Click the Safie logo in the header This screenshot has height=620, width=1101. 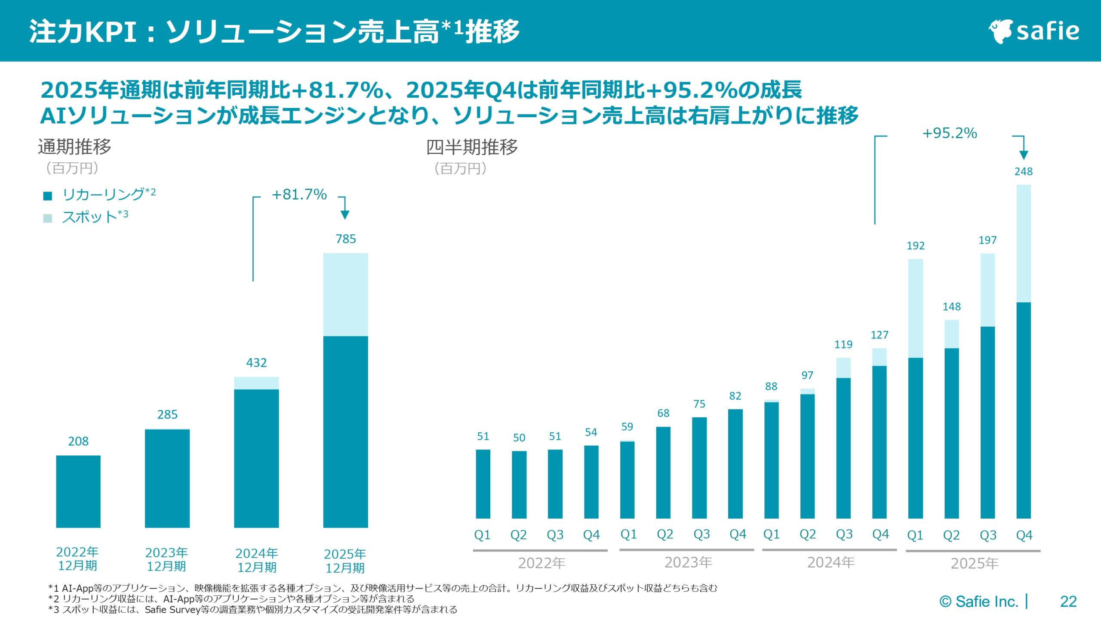click(1034, 31)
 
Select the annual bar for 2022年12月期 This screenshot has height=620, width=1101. click(78, 491)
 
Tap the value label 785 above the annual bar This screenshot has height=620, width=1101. click(346, 239)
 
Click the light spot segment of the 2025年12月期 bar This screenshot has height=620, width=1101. click(346, 294)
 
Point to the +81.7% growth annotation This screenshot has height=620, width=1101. click(299, 195)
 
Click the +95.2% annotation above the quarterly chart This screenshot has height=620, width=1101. click(950, 133)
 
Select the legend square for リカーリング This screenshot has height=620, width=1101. click(48, 196)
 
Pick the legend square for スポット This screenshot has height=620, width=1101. click(48, 218)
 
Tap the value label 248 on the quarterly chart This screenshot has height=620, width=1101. click(1023, 172)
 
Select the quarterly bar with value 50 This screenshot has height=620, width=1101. click(519, 484)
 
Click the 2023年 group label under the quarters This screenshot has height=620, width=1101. click(688, 562)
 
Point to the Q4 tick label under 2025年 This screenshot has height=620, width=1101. click(1024, 535)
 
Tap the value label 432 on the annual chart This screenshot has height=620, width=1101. click(256, 363)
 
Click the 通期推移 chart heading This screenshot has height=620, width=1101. click(75, 147)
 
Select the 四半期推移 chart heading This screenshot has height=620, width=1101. click(472, 147)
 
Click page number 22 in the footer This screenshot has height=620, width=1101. click(1068, 601)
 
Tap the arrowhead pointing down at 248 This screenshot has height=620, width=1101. click(1024, 155)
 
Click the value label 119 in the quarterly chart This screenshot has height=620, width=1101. click(843, 344)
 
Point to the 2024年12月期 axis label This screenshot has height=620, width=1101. click(256, 560)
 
